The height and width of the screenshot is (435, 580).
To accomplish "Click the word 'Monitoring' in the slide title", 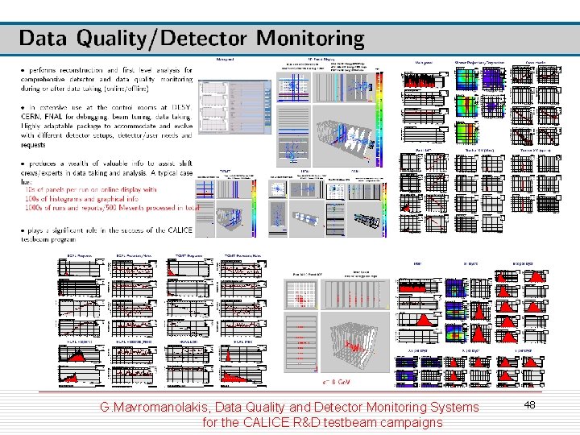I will pyautogui.click(x=310, y=38).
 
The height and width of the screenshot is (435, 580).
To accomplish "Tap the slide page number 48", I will pyautogui.click(x=529, y=405).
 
